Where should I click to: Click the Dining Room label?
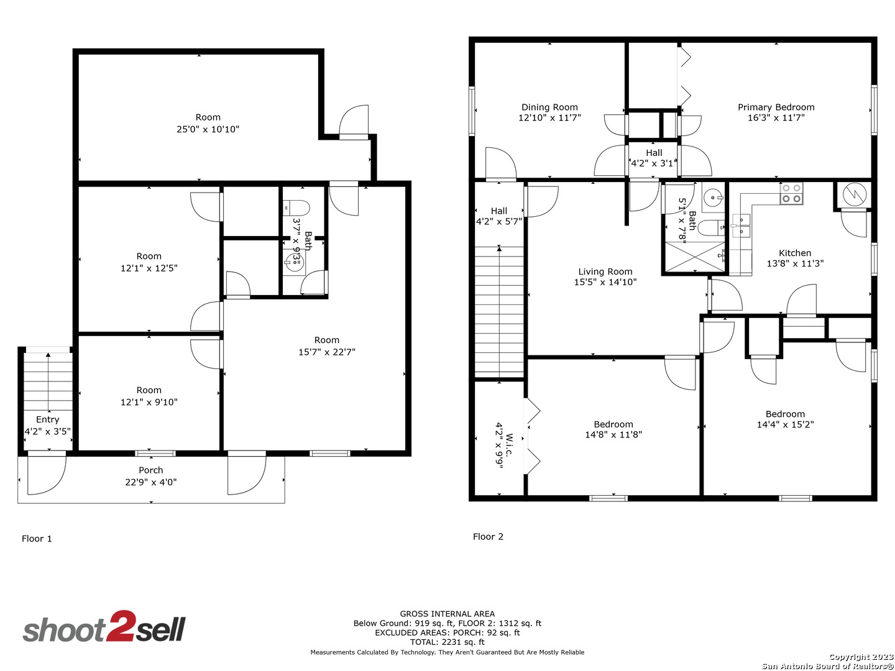click(x=549, y=107)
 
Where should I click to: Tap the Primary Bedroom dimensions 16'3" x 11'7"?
click(x=776, y=117)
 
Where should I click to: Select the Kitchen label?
click(x=794, y=253)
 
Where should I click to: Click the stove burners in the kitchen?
click(x=791, y=194)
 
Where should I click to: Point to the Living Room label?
click(x=605, y=272)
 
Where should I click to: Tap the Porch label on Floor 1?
click(x=150, y=470)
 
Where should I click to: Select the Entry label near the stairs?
click(x=47, y=419)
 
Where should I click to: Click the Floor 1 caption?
click(x=37, y=539)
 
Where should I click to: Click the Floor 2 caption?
click(x=488, y=537)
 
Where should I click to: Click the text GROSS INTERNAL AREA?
click(x=447, y=614)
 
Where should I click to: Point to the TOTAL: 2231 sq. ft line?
click(x=447, y=642)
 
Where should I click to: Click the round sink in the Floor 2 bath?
click(x=712, y=199)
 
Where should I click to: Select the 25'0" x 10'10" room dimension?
click(x=208, y=129)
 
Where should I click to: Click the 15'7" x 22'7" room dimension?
click(x=326, y=352)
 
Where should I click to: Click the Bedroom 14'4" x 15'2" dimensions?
click(x=785, y=425)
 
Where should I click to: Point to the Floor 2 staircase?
click(x=499, y=311)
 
